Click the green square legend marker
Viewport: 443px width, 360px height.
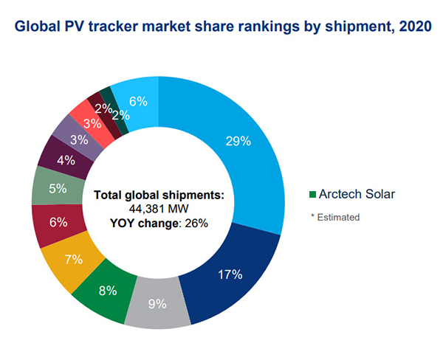(x=312, y=194)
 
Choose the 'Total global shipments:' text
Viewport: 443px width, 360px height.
(x=159, y=196)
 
